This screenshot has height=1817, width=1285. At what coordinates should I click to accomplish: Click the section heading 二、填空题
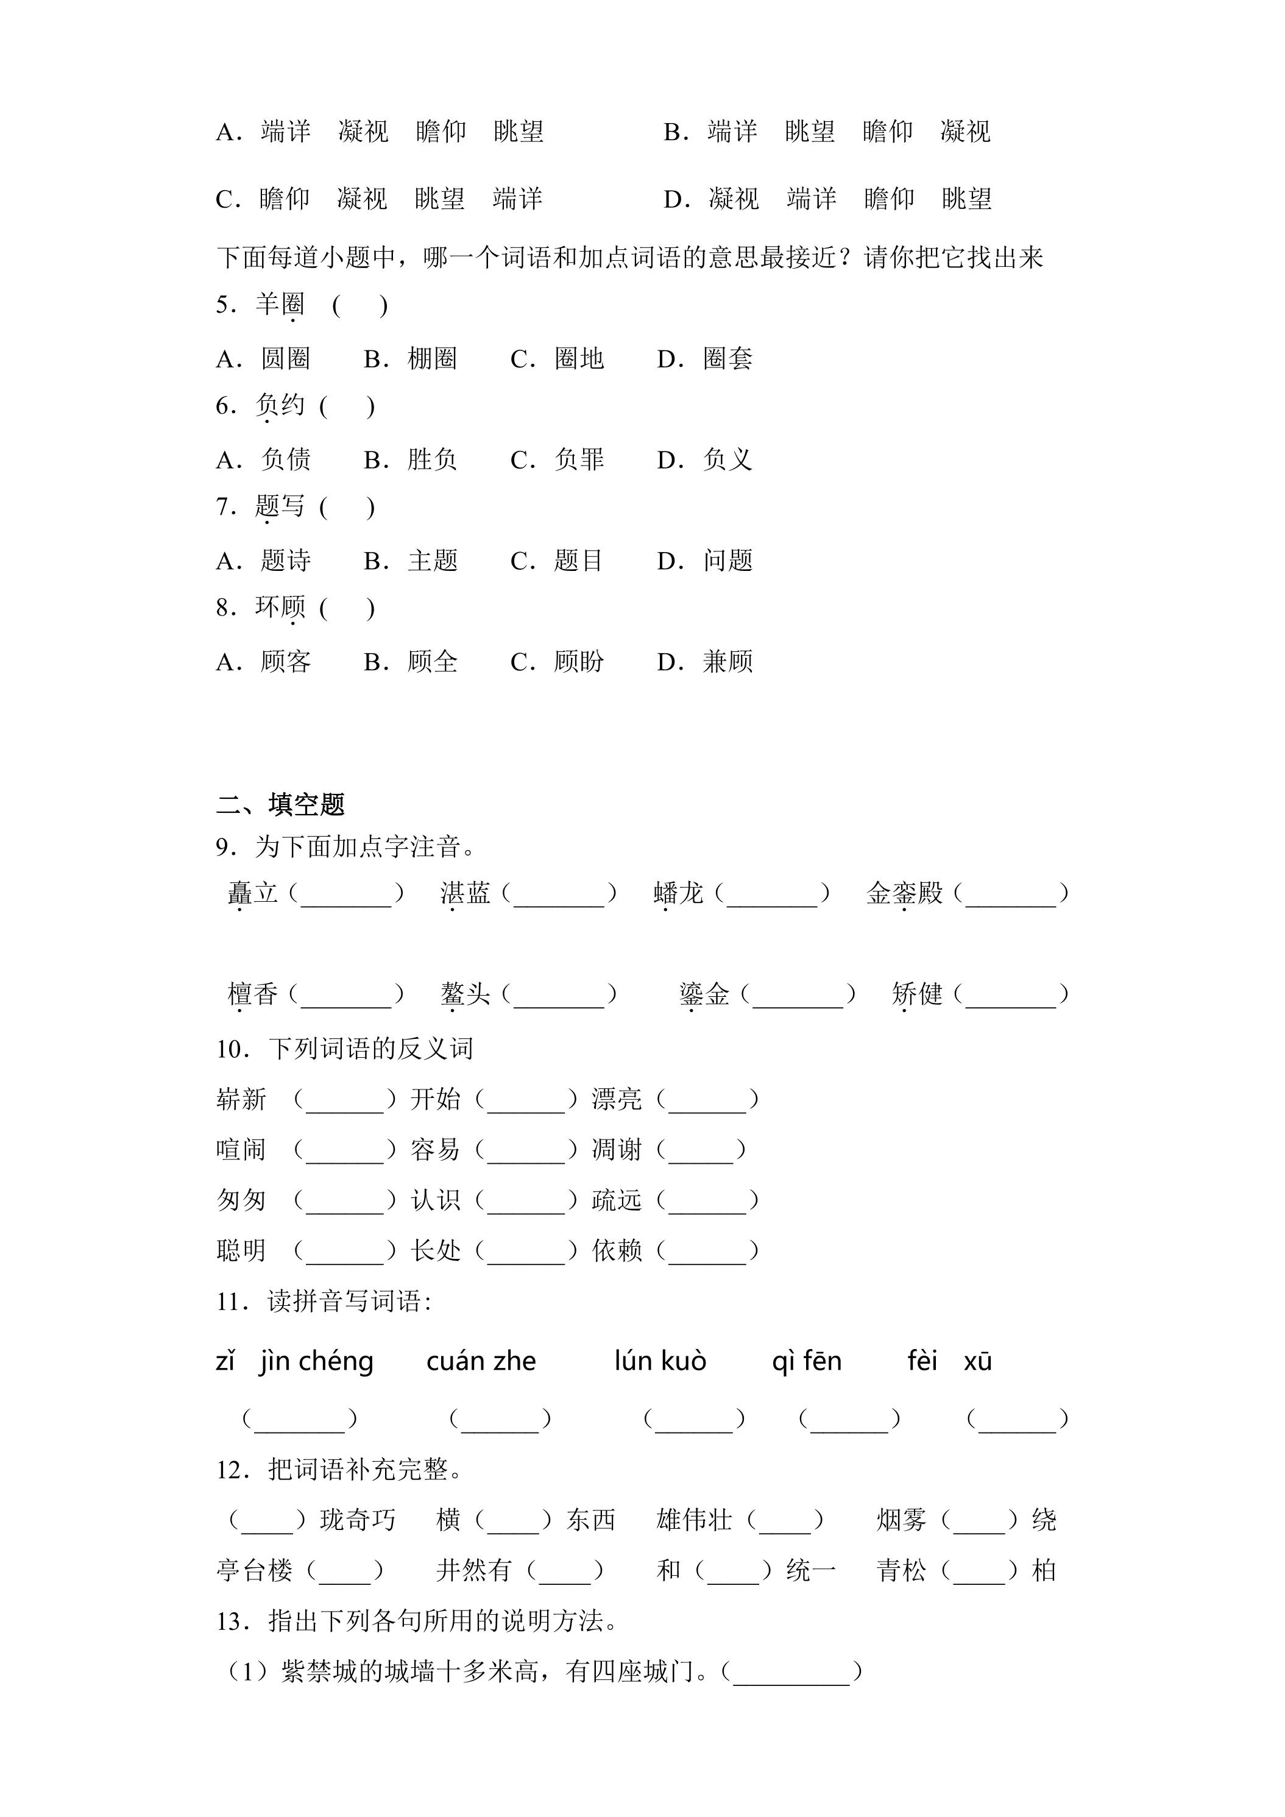[280, 805]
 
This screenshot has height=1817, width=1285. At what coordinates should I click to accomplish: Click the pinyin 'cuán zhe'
[481, 1361]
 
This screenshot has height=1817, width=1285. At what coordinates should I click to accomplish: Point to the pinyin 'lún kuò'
[660, 1361]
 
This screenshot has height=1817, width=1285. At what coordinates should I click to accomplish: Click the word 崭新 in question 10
[241, 1099]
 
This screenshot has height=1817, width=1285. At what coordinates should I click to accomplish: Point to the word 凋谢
[617, 1150]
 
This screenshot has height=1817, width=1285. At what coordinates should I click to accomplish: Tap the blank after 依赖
[707, 1251]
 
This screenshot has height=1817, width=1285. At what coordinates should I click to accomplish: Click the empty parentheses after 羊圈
[360, 305]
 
